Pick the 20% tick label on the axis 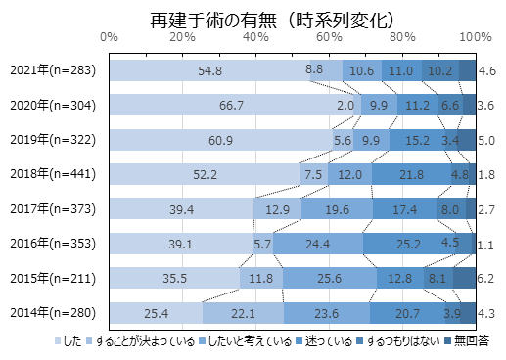coord(182,37)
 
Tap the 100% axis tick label coord(475,37)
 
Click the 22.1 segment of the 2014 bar coord(243,313)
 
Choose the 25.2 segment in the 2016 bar coord(409,245)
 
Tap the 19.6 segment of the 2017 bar coord(337,209)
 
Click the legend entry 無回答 coord(465,341)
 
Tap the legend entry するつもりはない coord(401,341)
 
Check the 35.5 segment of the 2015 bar coord(174,279)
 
